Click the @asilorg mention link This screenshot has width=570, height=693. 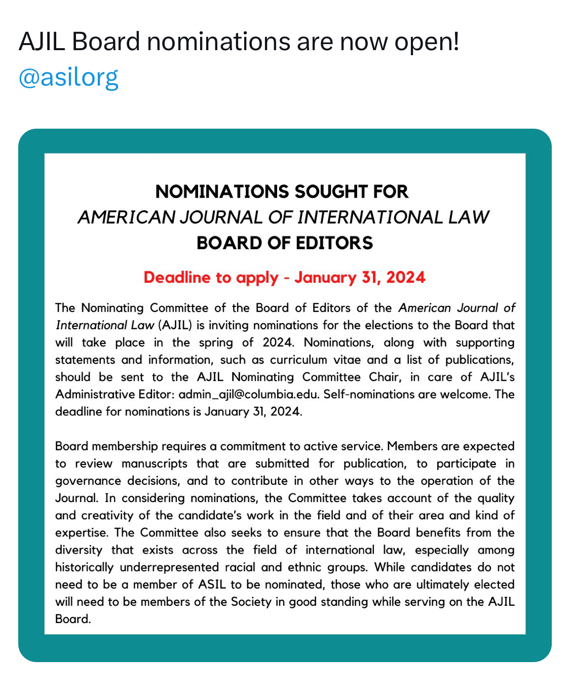pos(68,78)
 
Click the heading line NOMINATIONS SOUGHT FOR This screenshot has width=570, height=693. pos(282,191)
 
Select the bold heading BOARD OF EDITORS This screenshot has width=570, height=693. pos(285,243)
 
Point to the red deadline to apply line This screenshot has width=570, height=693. pos(285,278)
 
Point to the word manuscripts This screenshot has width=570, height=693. pos(154,464)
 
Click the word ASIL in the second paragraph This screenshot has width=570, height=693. pos(212,584)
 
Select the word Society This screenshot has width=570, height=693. pos(251,601)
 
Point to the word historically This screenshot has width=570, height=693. pos(84,567)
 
